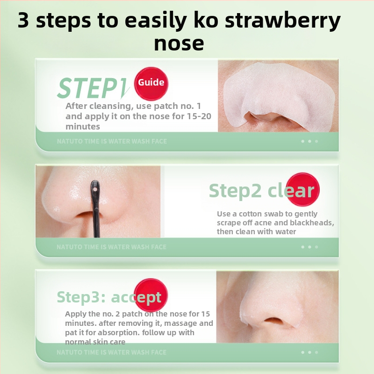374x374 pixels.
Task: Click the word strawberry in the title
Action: coord(283,21)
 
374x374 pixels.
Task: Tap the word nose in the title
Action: coord(179,43)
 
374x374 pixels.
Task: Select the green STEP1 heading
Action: coord(93,88)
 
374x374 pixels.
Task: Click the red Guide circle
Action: coord(151,84)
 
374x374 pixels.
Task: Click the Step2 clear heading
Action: coord(262,191)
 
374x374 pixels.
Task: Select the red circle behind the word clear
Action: coord(302,189)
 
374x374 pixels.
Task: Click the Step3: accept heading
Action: coord(109,297)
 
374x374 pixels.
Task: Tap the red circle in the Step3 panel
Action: coord(151,295)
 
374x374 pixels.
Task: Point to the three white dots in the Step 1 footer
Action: coord(309,141)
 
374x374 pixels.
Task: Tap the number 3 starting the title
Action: coord(23,20)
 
